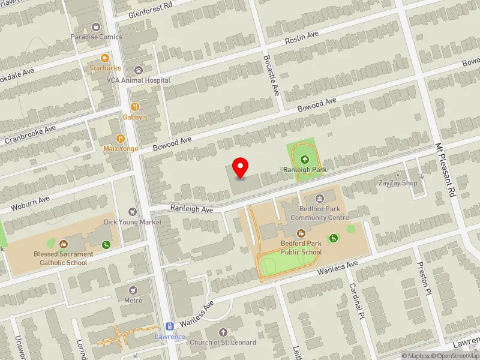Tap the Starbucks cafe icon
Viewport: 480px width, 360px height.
point(105,58)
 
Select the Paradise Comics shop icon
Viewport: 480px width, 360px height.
point(96,26)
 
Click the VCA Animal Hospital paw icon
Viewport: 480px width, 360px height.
point(139,70)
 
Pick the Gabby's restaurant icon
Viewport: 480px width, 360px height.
point(135,107)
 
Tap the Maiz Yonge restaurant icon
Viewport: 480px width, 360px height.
point(121,139)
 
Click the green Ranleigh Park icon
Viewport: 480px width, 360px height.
point(305,160)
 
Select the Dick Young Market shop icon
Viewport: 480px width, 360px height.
point(133,212)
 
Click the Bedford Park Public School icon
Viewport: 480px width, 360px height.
point(301,233)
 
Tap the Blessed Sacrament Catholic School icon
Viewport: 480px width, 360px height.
point(64,244)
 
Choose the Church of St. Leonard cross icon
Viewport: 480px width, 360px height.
point(223,332)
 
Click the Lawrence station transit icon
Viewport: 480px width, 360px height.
point(170,326)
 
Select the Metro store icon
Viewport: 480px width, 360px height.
point(133,290)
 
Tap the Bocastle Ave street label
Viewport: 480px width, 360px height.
point(271,75)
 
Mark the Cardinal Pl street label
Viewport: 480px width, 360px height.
point(356,300)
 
